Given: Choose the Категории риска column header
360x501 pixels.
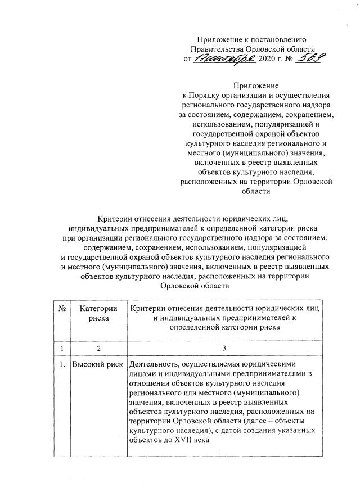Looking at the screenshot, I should (x=98, y=313).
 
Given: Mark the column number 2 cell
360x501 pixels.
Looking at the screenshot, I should (x=98, y=349).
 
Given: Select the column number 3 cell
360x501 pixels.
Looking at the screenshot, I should (x=224, y=349).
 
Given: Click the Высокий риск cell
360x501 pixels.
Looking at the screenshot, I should (x=98, y=364).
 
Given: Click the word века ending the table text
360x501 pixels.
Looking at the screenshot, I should (x=200, y=441).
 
